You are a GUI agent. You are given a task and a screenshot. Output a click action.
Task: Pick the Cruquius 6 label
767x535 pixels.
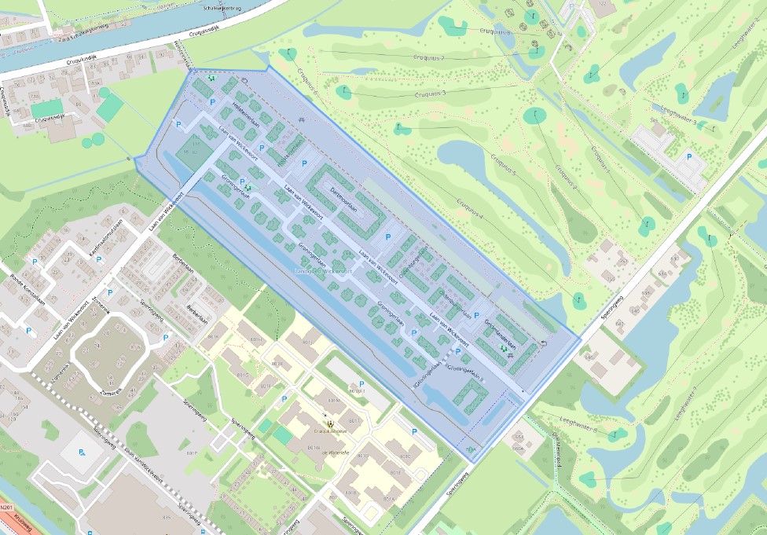(x=307, y=82)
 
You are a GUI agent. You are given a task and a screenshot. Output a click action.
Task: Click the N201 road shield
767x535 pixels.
(x=6, y=508)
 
